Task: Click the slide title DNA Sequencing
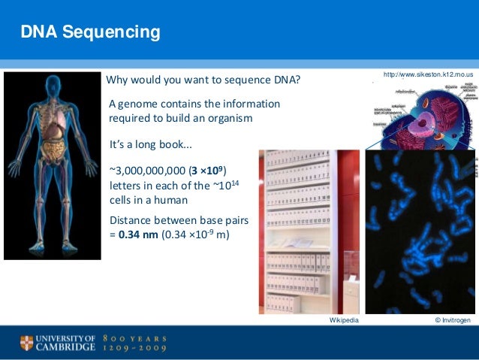(90, 32)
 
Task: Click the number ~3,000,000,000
(148, 169)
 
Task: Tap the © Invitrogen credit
(453, 320)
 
